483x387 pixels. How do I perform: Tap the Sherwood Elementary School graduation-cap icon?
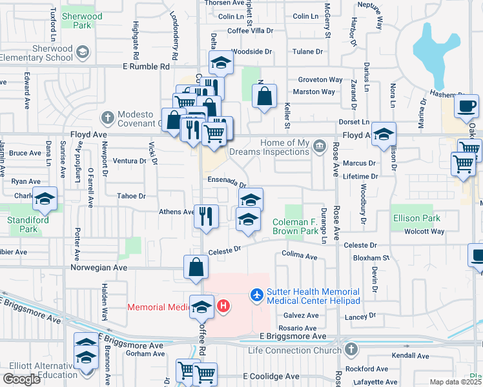(x=83, y=51)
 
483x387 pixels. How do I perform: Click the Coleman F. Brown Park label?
(x=295, y=226)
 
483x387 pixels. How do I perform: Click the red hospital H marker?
(x=223, y=305)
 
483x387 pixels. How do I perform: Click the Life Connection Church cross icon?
(x=351, y=350)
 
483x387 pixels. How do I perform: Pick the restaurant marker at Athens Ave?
(x=205, y=215)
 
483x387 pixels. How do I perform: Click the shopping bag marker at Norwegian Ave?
(x=195, y=266)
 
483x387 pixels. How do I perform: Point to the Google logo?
(x=21, y=379)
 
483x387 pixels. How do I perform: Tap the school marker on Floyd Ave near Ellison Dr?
(x=384, y=134)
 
